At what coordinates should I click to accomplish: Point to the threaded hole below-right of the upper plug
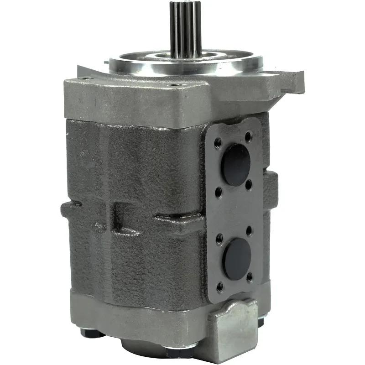[249, 184]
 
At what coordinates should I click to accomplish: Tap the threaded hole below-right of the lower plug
[250, 277]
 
